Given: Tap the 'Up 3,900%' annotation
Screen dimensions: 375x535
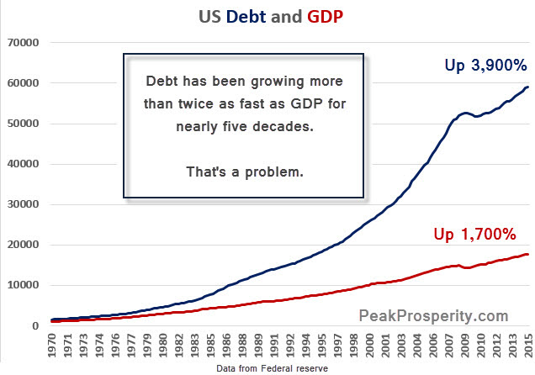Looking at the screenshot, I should tap(486, 65).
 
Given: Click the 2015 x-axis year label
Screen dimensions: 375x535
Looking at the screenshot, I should tap(527, 346).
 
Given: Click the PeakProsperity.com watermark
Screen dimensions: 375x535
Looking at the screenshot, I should tap(434, 316).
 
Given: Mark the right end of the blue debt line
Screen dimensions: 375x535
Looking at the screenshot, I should tap(527, 87).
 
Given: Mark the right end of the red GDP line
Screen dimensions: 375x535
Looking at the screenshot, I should tap(527, 254).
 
